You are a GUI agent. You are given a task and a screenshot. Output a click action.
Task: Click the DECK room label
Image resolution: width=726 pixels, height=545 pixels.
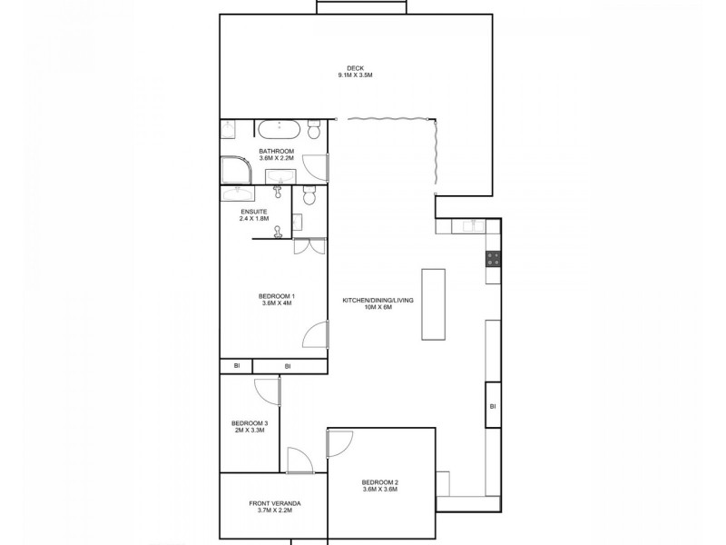tap(355, 65)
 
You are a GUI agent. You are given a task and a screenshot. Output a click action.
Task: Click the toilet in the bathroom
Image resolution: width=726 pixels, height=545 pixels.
tap(314, 130)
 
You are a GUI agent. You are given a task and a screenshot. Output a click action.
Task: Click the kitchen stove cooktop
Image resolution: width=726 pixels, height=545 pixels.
tap(493, 258)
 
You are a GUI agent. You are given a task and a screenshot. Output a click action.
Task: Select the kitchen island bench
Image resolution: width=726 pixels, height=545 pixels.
tap(434, 304)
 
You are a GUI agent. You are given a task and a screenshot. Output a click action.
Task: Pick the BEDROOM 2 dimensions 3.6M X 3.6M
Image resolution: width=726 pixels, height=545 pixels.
tap(380, 490)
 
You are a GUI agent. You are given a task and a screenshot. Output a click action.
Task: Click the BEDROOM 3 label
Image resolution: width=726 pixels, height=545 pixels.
tap(249, 422)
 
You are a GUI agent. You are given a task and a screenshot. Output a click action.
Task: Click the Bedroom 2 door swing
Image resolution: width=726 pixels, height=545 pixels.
tap(339, 443)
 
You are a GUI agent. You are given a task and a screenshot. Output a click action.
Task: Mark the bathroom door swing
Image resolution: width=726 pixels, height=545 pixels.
tap(315, 167)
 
